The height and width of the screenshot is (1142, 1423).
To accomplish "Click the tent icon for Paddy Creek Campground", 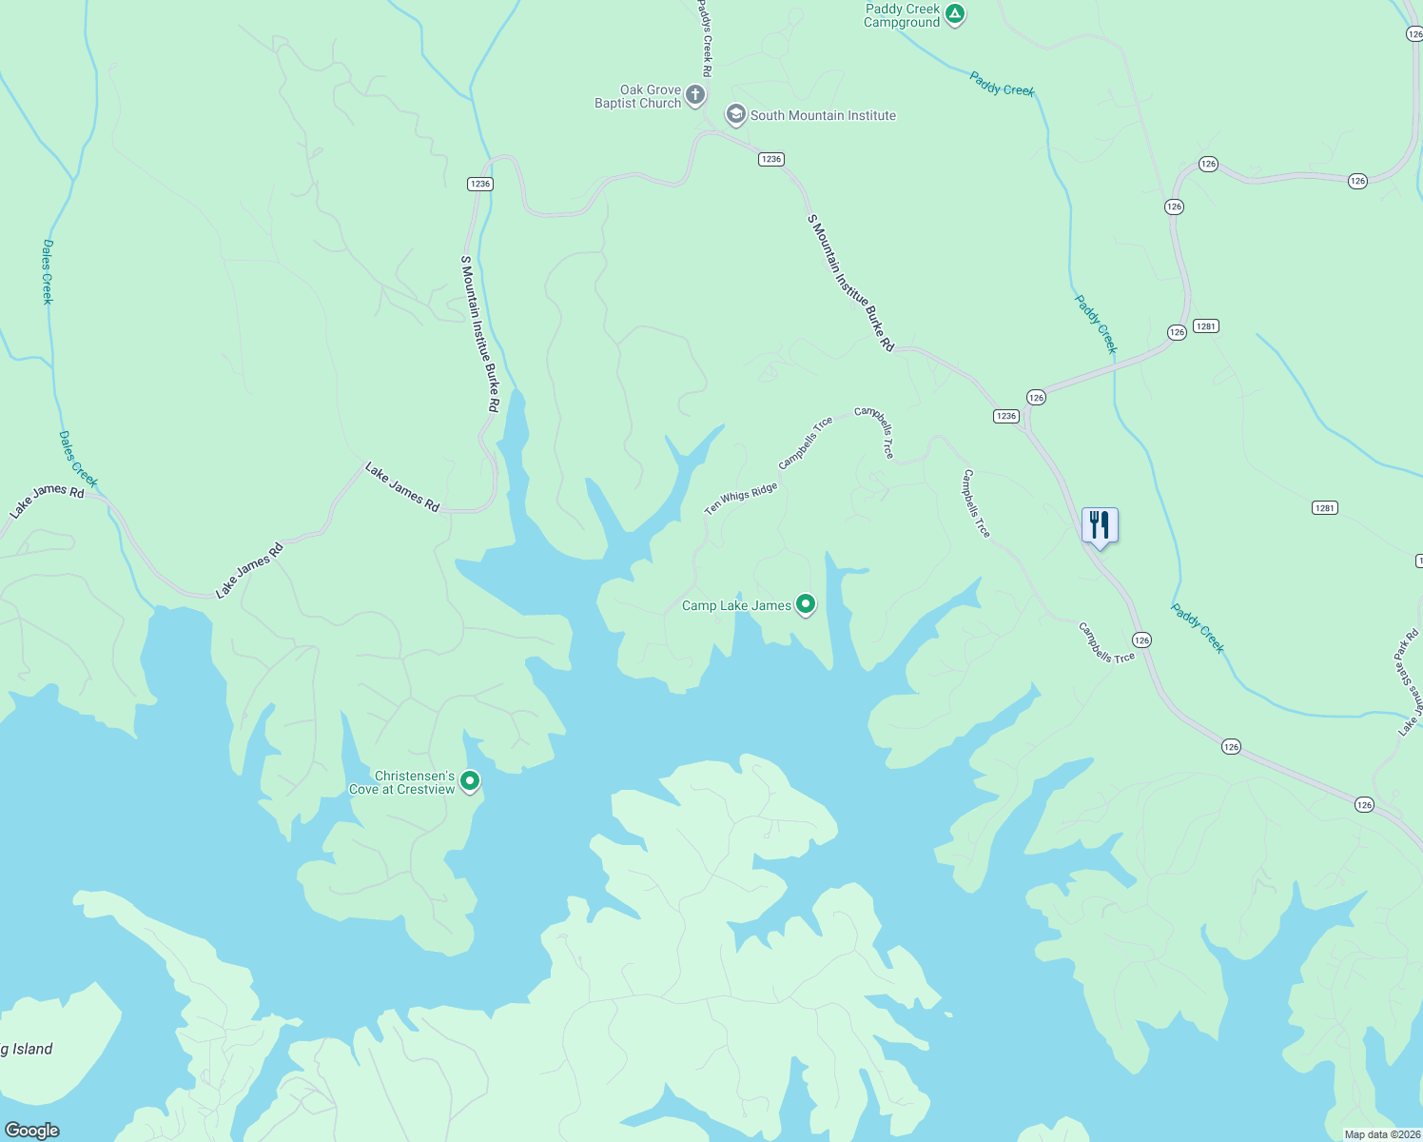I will (x=955, y=14).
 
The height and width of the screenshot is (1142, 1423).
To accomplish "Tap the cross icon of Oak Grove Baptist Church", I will (x=695, y=95).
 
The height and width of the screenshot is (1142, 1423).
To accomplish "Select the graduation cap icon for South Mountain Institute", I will (x=735, y=115).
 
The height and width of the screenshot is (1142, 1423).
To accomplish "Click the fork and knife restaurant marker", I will (x=1100, y=524).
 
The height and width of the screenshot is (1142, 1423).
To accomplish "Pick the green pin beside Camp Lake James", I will (x=805, y=604).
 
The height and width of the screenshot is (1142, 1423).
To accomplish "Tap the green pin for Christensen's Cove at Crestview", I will (x=470, y=781).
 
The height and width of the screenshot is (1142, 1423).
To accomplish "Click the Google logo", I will (x=32, y=1130).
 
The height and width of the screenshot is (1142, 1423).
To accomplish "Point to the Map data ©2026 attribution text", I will (x=1381, y=1134).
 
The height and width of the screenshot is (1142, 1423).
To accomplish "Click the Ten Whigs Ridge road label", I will (x=740, y=498).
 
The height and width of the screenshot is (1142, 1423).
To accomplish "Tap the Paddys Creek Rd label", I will (x=706, y=38).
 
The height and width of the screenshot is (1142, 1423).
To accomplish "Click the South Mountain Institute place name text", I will (x=823, y=115).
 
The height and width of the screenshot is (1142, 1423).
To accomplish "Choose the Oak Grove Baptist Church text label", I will (x=638, y=96).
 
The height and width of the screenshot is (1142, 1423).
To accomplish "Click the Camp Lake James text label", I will (x=736, y=605).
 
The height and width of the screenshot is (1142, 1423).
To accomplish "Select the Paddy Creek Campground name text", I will (x=902, y=15).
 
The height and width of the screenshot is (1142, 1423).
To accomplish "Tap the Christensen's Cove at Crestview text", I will (x=402, y=782).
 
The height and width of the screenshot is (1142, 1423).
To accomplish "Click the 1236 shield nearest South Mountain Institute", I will (x=770, y=159).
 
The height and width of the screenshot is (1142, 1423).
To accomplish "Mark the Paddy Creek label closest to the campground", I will (x=1002, y=84).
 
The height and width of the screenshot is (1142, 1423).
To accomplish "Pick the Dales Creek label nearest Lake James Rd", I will (x=77, y=459).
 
